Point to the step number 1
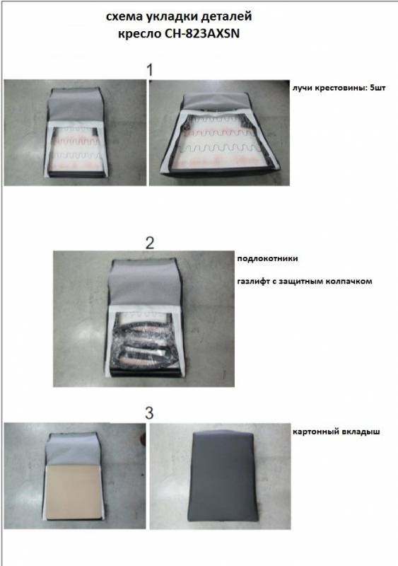pos(150,70)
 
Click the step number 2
pos(150,243)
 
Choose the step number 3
pos(149,413)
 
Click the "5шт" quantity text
pos(377,88)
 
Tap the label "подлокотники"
pos(267,258)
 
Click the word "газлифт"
pos(254,281)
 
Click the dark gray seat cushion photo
pos(221,476)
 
